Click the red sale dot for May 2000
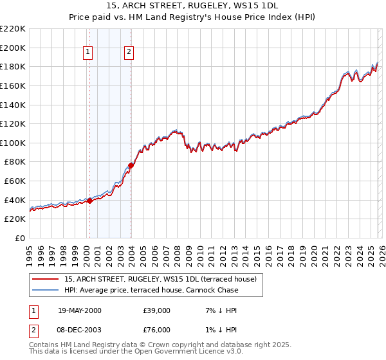[x=90, y=201]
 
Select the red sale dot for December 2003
[x=131, y=165]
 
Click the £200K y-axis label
[x=13, y=48]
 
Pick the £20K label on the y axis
[x=15, y=219]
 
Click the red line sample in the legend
[x=46, y=279]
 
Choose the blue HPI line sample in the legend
[x=46, y=290]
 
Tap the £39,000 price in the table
[x=156, y=310]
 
